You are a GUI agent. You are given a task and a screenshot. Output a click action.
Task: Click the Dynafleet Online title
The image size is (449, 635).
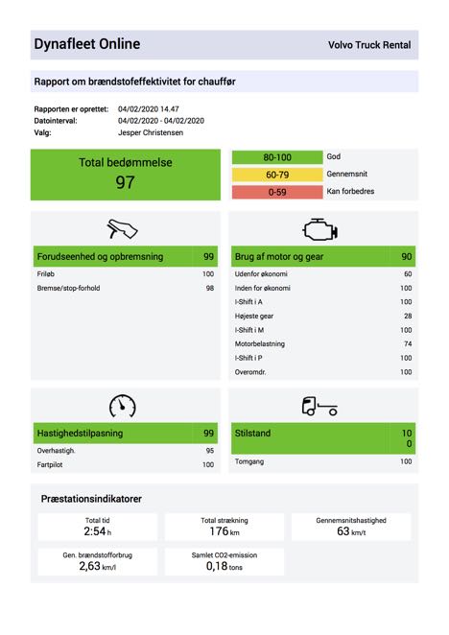(87, 44)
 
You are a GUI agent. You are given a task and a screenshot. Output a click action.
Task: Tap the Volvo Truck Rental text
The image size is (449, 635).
(369, 45)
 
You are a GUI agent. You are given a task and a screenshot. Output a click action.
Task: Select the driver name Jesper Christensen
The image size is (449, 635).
(151, 132)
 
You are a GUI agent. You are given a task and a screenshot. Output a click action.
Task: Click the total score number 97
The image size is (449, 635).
(125, 182)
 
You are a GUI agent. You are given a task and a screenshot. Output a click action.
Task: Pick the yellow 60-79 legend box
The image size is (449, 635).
(277, 175)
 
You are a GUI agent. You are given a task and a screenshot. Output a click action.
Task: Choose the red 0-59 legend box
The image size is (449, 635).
(277, 192)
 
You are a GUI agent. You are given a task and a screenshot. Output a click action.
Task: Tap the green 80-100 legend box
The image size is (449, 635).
(277, 157)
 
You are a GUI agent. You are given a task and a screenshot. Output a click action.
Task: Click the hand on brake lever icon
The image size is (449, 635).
(122, 229)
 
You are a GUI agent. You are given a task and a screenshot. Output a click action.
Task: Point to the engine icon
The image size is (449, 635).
(319, 229)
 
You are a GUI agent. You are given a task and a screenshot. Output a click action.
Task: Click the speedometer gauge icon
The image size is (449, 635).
(123, 406)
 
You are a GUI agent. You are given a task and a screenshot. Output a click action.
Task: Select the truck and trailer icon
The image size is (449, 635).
(319, 406)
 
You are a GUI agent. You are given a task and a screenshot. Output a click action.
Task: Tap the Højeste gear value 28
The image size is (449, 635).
(408, 316)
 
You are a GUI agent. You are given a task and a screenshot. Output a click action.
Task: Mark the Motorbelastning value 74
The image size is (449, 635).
(408, 343)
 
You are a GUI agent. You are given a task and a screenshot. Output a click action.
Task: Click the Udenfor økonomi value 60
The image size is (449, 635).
(408, 273)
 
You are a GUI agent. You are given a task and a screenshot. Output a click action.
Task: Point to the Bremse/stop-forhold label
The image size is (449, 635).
(68, 288)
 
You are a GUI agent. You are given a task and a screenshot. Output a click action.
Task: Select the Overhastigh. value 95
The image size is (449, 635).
(210, 450)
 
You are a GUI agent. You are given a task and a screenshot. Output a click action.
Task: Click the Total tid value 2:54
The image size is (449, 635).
(95, 530)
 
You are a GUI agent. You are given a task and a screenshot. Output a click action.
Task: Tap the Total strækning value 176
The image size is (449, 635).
(220, 530)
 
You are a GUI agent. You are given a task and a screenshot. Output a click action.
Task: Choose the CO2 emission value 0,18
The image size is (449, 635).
(217, 566)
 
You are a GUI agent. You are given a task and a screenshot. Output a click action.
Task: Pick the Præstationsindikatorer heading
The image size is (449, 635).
(91, 499)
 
